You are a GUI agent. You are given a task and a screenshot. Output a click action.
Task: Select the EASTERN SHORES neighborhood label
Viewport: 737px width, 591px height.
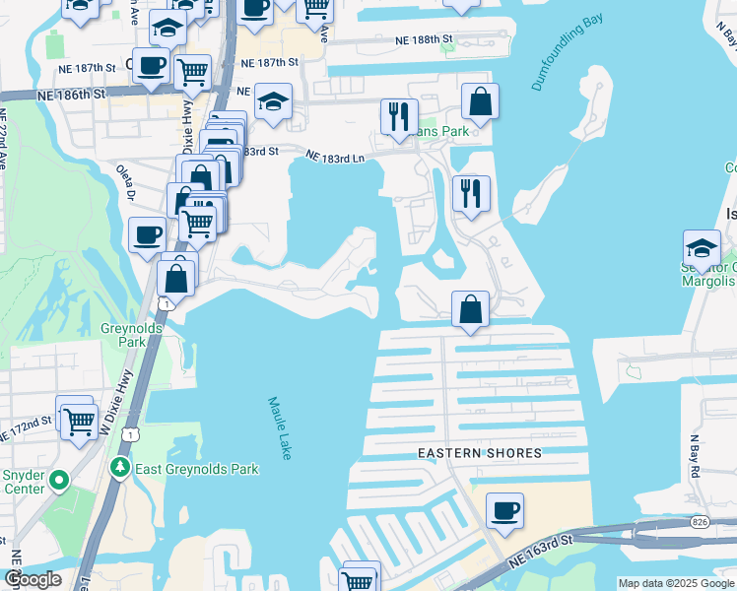[x=480, y=453]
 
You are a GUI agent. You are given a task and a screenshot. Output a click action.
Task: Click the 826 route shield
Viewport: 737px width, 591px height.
[x=701, y=520]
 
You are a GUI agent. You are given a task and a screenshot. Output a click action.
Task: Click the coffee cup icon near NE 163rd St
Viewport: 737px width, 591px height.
[x=504, y=510]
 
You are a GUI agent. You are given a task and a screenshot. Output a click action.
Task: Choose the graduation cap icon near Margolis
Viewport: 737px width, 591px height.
[x=702, y=247]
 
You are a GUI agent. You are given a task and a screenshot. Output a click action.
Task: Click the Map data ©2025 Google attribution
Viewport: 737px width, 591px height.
[x=676, y=583]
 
